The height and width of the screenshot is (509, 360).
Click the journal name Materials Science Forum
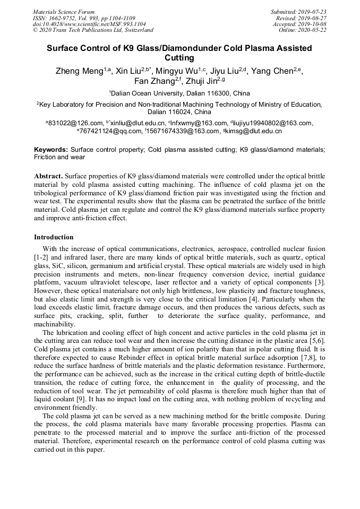click(64, 12)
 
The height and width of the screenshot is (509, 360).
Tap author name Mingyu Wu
click(175, 71)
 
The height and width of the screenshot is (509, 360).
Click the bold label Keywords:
click(51, 150)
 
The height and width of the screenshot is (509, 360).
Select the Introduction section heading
click(54, 237)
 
